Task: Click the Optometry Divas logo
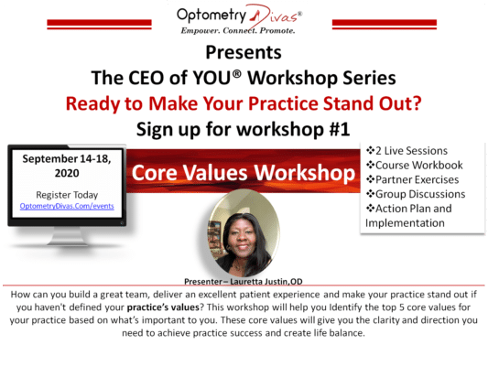[x=244, y=15]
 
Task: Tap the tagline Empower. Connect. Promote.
[x=244, y=32]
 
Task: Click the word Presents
[x=244, y=52]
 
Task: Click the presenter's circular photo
[x=244, y=232]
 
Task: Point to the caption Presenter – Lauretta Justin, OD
[x=243, y=283]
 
